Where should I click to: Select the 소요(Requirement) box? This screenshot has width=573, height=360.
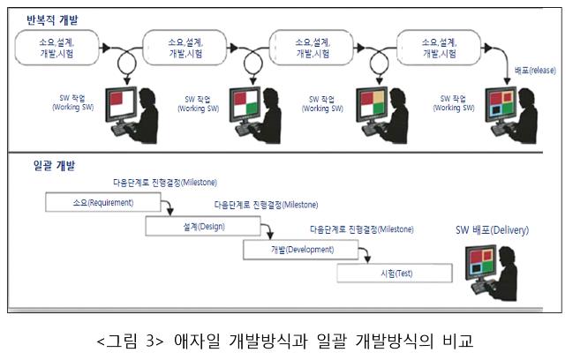(102, 202)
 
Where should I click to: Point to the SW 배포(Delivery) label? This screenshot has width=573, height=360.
(492, 230)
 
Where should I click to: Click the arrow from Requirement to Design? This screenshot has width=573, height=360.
(166, 208)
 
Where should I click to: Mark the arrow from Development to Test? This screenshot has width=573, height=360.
(359, 256)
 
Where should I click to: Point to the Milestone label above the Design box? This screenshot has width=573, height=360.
(266, 205)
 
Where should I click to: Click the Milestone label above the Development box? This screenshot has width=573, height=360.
(362, 229)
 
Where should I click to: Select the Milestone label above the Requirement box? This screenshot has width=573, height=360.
(165, 183)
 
